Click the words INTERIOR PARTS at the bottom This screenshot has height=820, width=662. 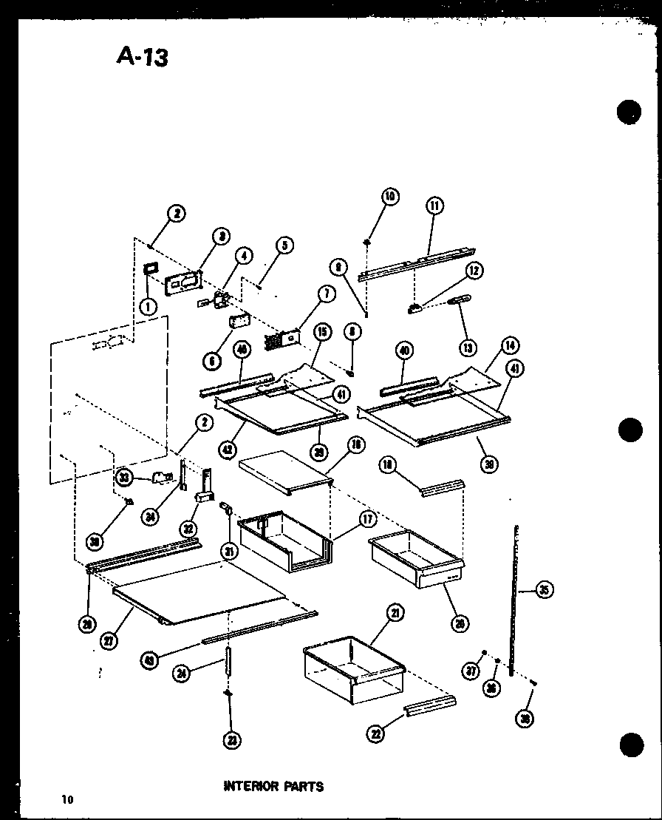tap(273, 786)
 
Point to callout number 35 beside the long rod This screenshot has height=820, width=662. tap(544, 590)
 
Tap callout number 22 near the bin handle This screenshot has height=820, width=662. tap(378, 732)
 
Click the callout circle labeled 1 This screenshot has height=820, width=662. tap(149, 305)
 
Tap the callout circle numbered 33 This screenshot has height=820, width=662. tap(125, 478)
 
